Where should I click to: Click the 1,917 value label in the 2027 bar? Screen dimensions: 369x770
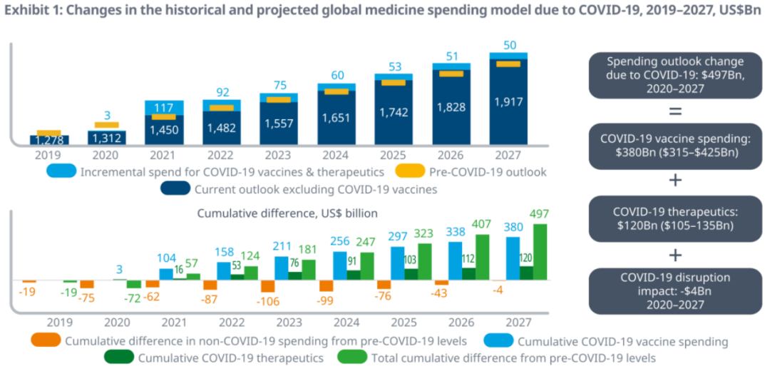click(508, 102)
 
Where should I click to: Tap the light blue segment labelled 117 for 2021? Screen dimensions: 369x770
click(165, 107)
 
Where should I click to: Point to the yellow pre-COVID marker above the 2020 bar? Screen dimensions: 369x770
click(106, 125)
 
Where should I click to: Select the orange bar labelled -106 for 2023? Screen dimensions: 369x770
click(268, 285)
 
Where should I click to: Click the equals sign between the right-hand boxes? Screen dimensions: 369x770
click(675, 111)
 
